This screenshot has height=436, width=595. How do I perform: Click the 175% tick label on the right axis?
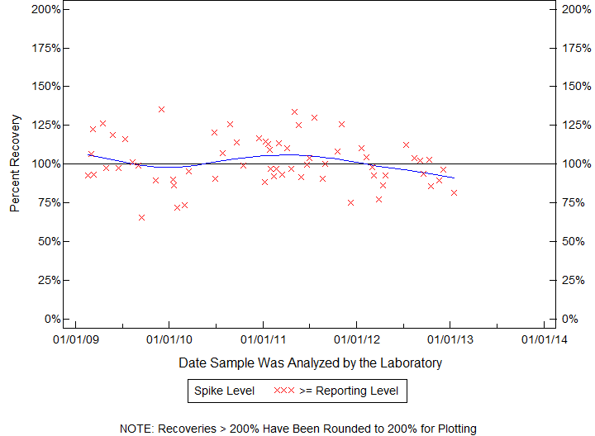coord(570,48)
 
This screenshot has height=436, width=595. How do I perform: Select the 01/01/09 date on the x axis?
coord(75,339)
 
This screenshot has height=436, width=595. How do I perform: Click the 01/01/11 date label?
coord(263,339)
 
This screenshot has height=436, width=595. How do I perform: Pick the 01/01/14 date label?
coord(544,339)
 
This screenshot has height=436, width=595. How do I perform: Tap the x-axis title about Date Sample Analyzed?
coord(310,363)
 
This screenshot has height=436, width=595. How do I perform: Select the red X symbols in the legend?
coord(284,391)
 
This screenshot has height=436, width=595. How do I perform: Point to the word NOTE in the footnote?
coord(136,429)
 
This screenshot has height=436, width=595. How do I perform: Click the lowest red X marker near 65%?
coord(142,217)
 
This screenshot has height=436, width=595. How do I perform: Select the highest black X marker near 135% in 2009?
coord(161,109)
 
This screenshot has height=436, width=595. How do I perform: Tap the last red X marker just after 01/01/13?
coord(454,192)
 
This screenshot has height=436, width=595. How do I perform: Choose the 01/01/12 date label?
coord(356,339)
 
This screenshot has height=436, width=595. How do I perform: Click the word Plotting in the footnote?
coord(455,429)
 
